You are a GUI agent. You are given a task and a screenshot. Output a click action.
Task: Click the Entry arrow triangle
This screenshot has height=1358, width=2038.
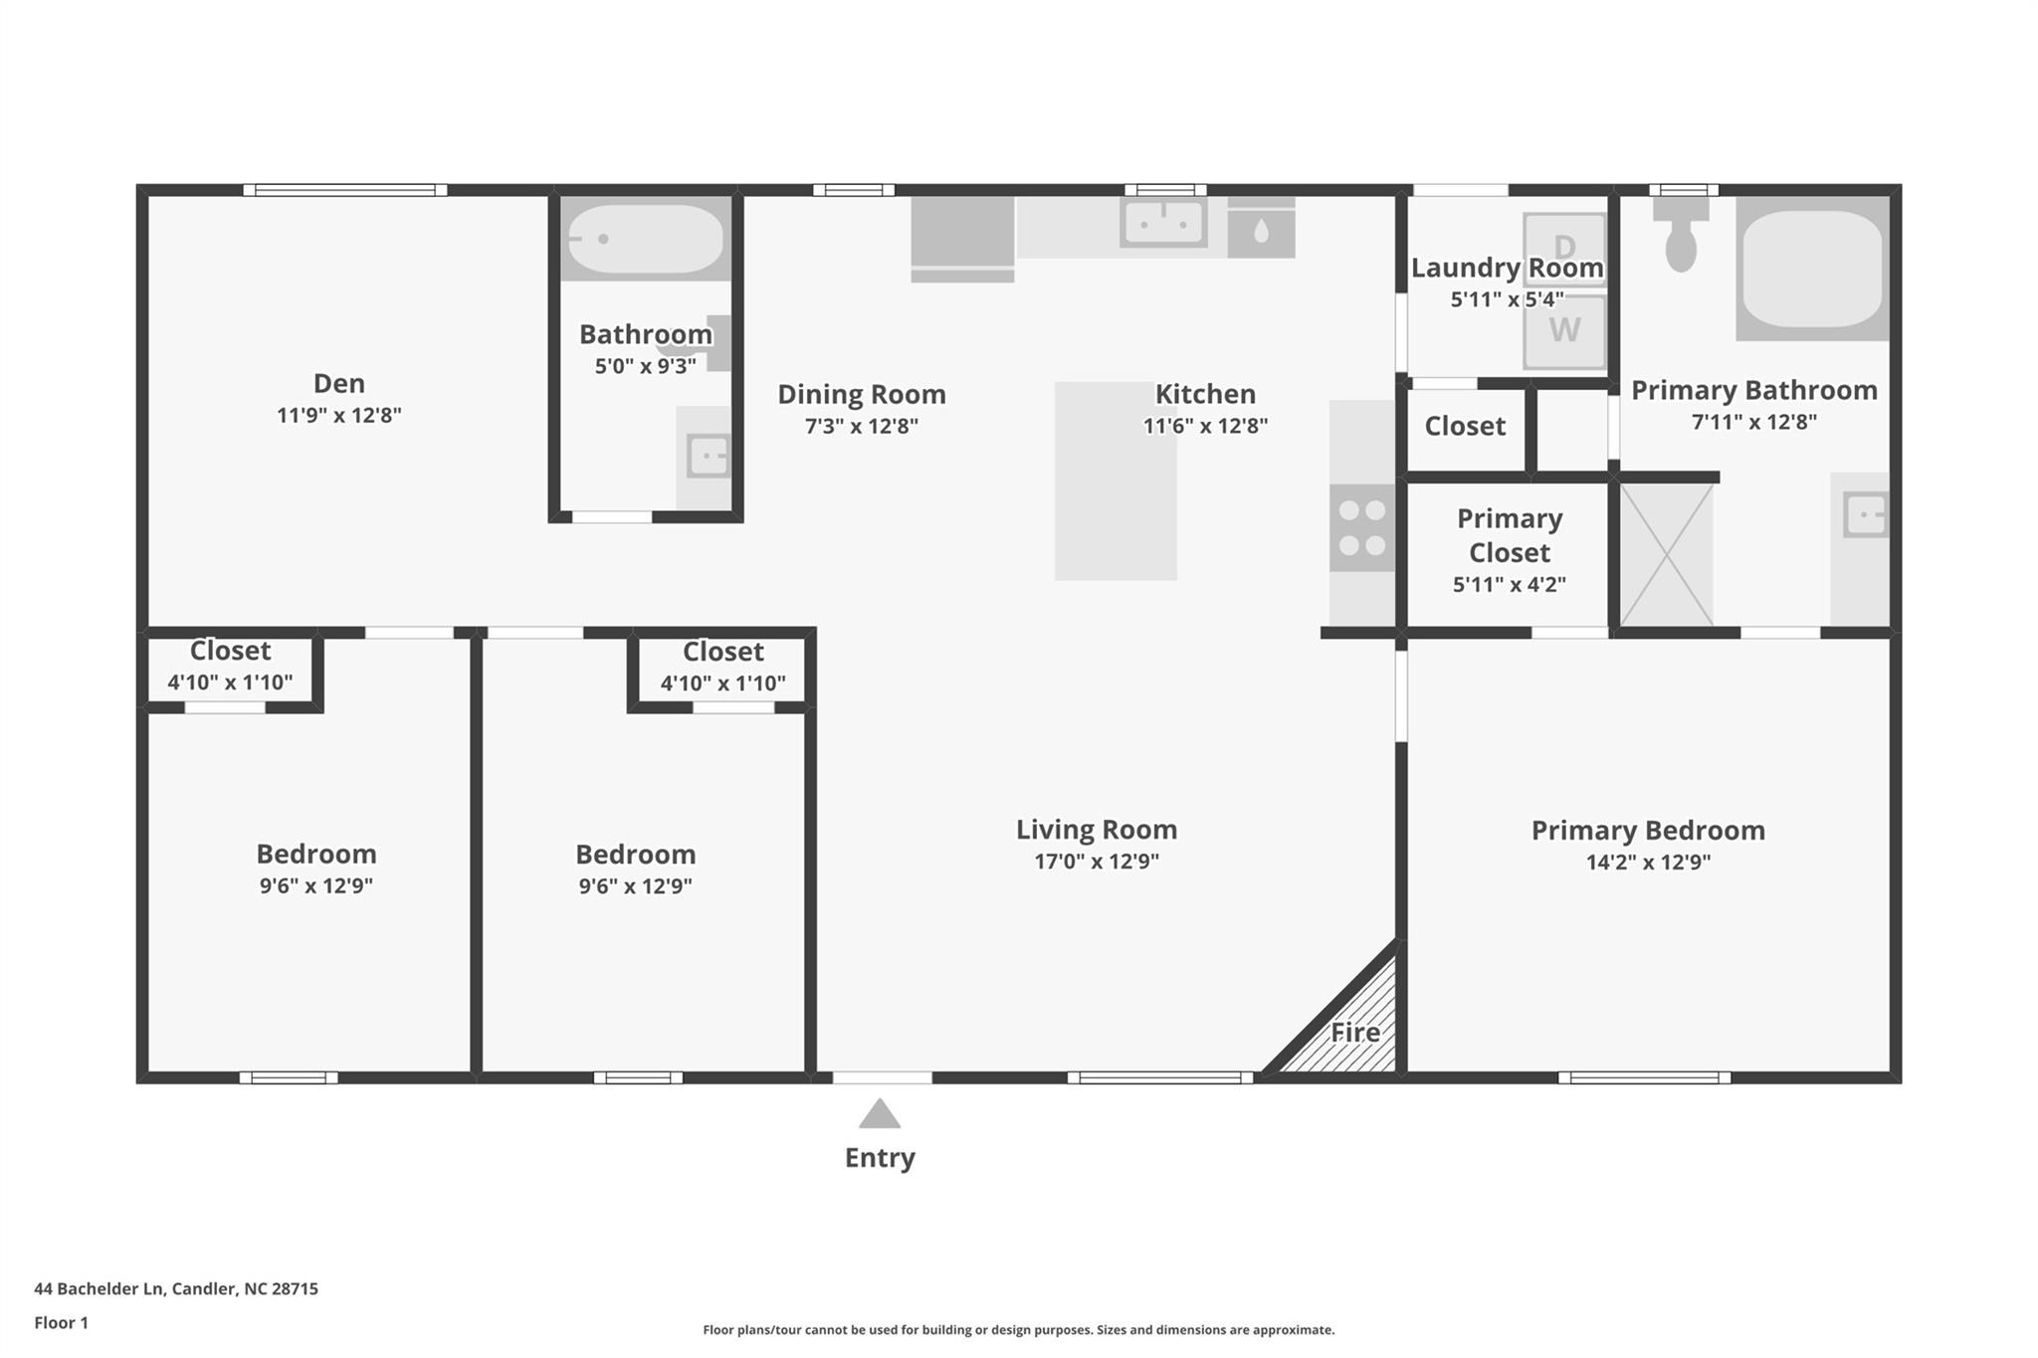[880, 1114]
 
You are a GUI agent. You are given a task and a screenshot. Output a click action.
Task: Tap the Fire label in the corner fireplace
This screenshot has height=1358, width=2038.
[1355, 1033]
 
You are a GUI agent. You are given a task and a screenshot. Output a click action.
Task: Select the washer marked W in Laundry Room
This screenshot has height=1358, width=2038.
[1564, 330]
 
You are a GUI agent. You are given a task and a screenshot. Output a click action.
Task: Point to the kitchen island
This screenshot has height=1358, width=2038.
[1116, 482]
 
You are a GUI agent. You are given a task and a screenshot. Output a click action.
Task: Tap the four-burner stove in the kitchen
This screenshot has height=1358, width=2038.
[1361, 528]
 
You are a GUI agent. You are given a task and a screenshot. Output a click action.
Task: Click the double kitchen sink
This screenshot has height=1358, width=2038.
[1163, 223]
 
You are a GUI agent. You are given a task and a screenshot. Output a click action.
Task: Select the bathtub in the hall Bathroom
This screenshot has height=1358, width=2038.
[646, 239]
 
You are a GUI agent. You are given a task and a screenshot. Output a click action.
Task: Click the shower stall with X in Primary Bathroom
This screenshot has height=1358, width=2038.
[1667, 555]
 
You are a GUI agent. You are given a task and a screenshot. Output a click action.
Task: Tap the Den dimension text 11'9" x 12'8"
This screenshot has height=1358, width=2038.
[338, 415]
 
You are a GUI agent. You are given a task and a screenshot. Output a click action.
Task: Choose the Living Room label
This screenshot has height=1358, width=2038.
[1096, 829]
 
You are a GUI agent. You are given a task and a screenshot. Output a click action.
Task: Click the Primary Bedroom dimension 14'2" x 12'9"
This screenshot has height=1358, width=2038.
[1648, 862]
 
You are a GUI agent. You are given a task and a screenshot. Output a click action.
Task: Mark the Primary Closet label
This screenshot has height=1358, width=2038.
[1509, 535]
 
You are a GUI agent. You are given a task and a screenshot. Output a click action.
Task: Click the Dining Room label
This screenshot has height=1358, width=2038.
[861, 394]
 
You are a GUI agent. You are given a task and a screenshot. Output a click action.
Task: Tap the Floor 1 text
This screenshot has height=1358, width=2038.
[62, 1322]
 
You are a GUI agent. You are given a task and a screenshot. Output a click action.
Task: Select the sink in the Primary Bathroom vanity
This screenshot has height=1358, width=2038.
[1865, 515]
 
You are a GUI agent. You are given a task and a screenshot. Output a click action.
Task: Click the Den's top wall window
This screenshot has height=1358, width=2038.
[344, 190]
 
